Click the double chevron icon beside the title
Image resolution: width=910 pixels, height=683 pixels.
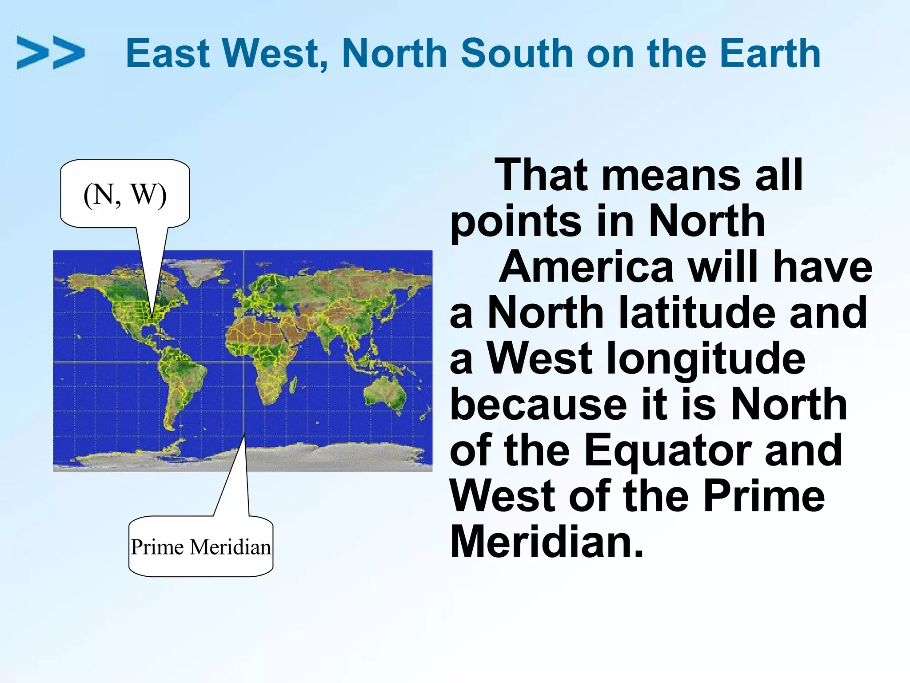coord(50,53)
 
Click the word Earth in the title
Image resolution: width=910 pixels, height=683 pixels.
coord(770,53)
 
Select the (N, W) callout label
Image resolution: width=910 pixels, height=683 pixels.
coord(125,194)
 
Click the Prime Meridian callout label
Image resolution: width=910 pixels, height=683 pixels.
coord(200,547)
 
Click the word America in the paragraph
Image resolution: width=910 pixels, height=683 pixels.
coord(586,267)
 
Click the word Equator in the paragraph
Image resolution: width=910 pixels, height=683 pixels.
coord(667,451)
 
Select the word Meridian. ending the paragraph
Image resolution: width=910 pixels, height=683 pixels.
coord(547,542)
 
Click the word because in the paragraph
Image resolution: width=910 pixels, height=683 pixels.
coord(538,405)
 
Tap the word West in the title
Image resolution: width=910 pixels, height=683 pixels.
coord(275,53)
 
